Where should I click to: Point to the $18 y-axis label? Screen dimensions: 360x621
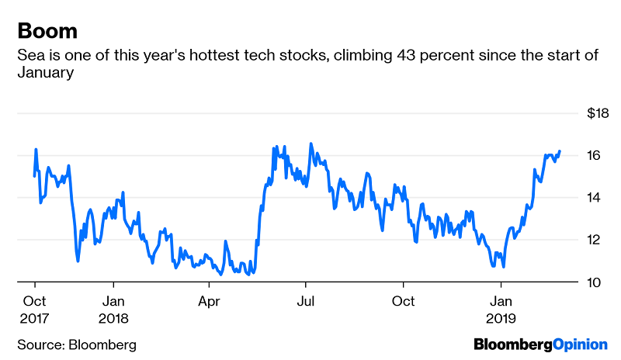point(598,113)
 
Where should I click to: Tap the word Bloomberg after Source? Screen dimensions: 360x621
point(103,344)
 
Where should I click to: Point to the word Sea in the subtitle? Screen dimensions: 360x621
point(28,56)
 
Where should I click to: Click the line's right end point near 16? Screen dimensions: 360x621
point(560,151)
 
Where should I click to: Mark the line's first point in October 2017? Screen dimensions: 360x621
point(34,175)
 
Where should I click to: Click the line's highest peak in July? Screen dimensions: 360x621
point(311,144)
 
